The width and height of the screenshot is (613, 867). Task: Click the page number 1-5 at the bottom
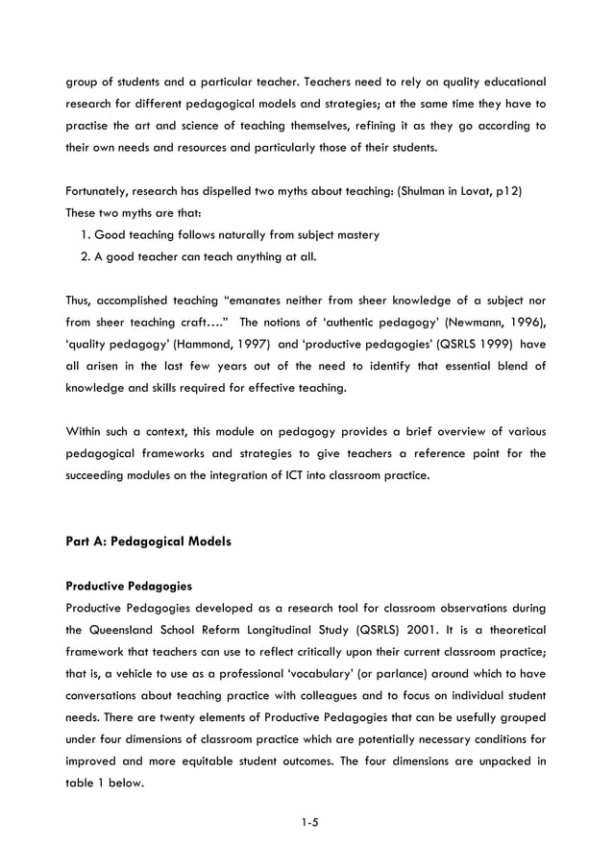coord(306,823)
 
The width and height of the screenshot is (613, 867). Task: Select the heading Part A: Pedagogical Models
coord(148,542)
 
